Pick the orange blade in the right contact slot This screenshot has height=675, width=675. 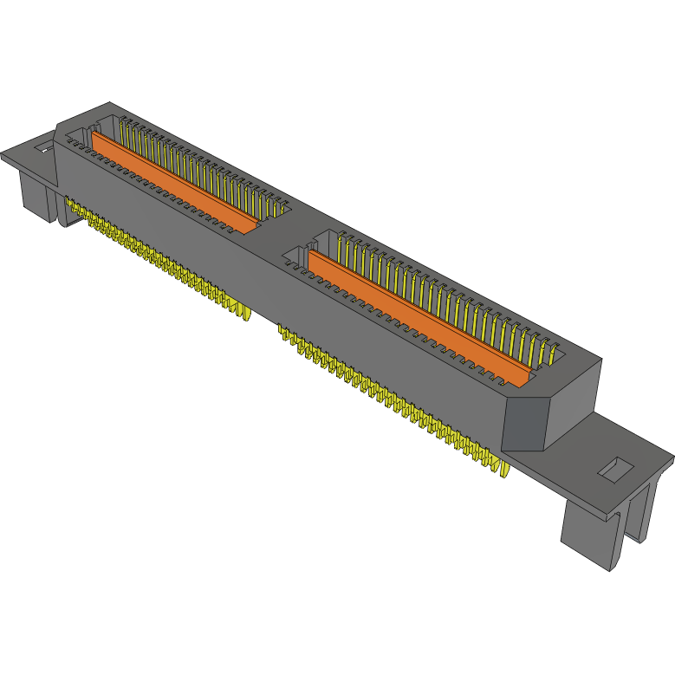click(x=416, y=316)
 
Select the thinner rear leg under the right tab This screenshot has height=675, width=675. click(x=639, y=515)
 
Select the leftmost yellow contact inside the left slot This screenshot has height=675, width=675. click(x=123, y=130)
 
